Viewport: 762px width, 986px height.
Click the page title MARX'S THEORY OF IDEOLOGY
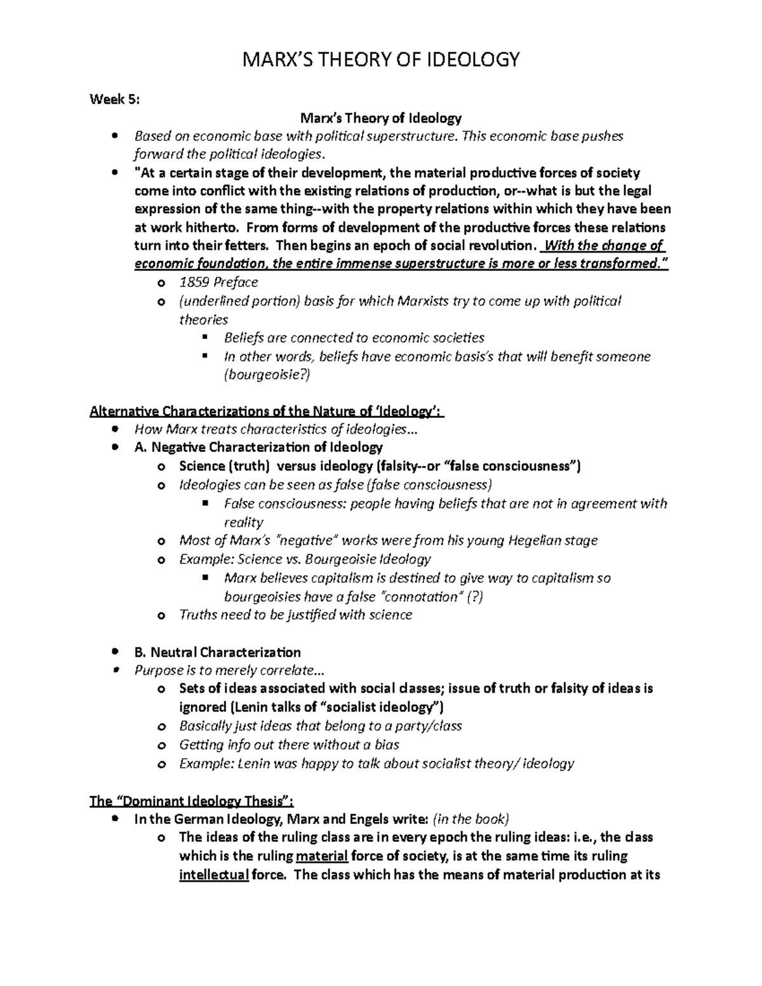[380, 60]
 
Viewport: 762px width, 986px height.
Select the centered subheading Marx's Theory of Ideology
[380, 118]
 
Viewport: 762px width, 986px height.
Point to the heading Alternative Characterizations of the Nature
[267, 412]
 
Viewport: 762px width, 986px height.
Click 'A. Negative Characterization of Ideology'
[258, 448]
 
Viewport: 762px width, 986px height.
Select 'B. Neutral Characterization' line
[217, 652]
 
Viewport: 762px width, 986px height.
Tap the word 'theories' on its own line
[203, 319]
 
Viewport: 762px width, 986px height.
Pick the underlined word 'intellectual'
[213, 875]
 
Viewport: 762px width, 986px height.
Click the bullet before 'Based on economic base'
[114, 137]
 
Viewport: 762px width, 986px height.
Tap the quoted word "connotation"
[420, 597]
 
